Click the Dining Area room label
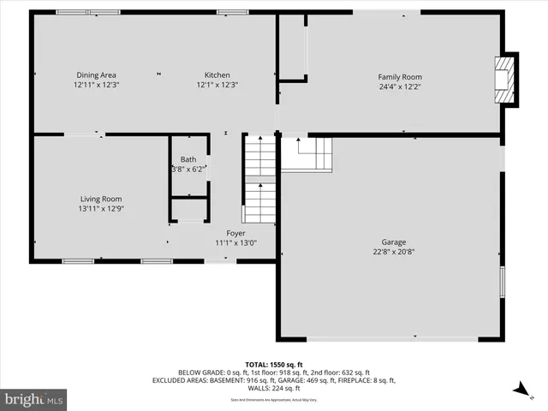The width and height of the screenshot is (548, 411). point(96,75)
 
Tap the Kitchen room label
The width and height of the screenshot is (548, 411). point(217,75)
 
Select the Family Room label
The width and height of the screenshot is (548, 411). point(400,77)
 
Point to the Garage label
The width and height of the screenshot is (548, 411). point(394,241)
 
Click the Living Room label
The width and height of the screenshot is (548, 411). point(101,199)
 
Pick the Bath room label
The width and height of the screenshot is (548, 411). point(188,159)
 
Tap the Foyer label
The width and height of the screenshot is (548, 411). point(235,233)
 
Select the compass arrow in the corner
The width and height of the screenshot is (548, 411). point(518,390)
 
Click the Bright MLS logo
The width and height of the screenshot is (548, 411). point(34,398)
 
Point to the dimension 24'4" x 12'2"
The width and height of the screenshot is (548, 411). point(400,86)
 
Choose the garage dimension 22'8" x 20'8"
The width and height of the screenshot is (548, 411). point(394,252)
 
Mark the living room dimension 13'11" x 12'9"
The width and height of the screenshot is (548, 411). point(101,208)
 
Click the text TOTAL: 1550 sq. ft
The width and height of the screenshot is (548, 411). point(274,365)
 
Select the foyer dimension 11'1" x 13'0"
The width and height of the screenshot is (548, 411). point(235,242)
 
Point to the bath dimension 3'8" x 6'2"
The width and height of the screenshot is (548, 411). point(188,169)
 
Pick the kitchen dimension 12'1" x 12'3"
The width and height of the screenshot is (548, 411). point(217,85)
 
